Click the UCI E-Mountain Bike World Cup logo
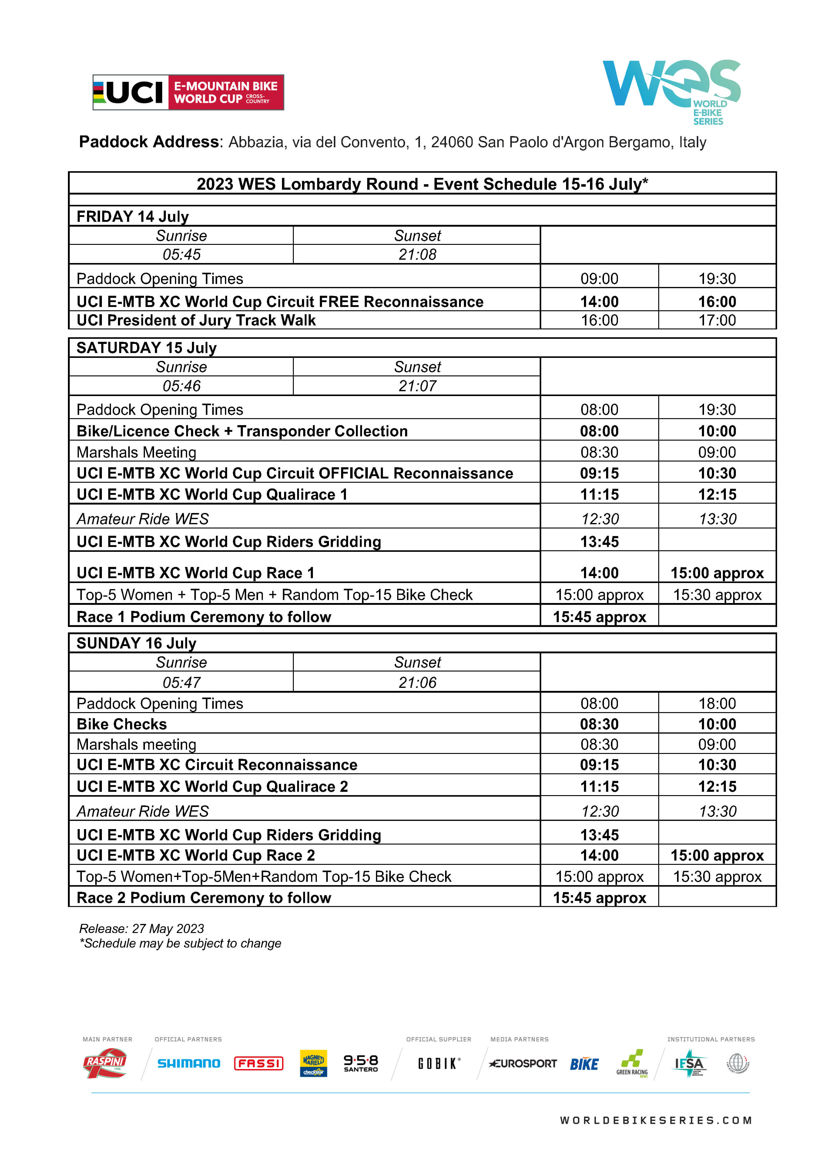tap(188, 92)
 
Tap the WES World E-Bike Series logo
tap(671, 90)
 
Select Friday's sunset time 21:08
tap(417, 255)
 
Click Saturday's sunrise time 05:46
tap(181, 386)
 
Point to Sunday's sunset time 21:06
tap(417, 682)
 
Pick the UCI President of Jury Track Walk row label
tap(196, 320)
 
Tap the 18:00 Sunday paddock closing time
tap(717, 704)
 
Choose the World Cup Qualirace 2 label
tap(212, 786)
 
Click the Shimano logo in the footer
tap(189, 1063)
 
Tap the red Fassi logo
tap(259, 1063)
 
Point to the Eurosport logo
tap(522, 1063)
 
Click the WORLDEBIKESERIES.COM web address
tap(656, 1120)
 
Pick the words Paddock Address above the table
tap(149, 142)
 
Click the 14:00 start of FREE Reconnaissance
tap(599, 302)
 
